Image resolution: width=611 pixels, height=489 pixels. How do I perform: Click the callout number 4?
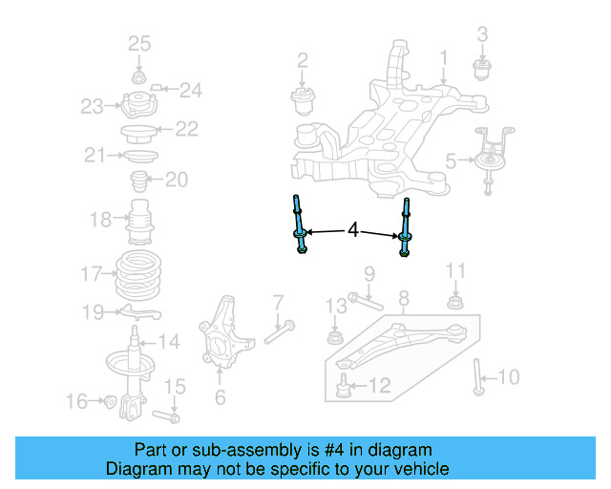click(x=353, y=230)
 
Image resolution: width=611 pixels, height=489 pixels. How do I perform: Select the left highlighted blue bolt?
click(x=300, y=224)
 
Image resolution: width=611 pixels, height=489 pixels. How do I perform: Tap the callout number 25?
click(x=139, y=43)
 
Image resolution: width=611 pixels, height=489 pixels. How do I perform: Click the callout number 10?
click(x=509, y=378)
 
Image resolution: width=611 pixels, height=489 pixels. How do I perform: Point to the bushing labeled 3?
click(x=482, y=70)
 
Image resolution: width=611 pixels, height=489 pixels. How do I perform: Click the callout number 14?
click(x=168, y=341)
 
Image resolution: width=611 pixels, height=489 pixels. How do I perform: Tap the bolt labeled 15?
click(x=170, y=416)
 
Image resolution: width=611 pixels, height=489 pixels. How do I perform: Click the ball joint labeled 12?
click(x=344, y=387)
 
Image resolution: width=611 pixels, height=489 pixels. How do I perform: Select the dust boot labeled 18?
click(x=142, y=222)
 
